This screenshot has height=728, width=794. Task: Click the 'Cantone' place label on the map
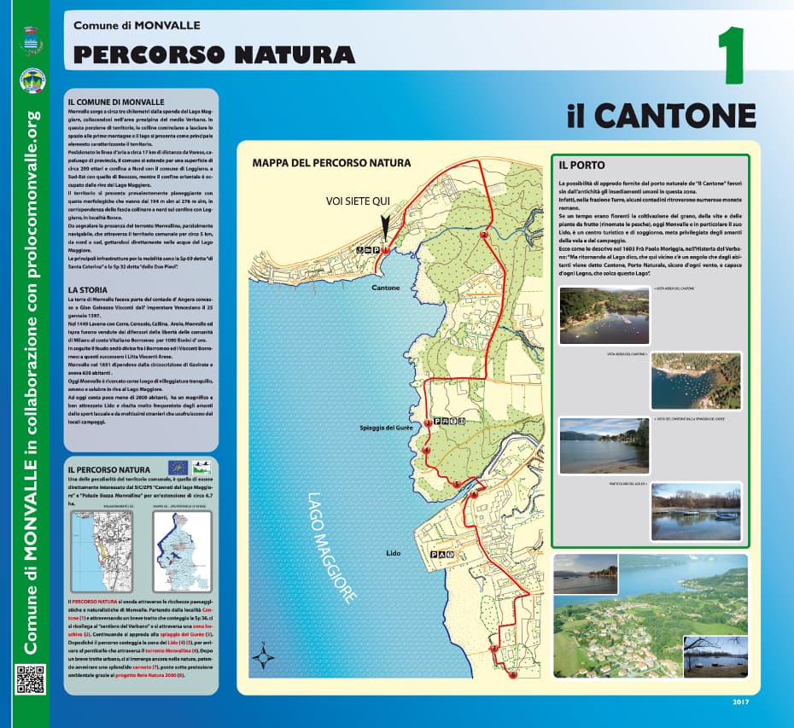[x=386, y=288]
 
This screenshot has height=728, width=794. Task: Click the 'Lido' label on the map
[x=393, y=554]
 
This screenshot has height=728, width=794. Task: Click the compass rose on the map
[x=264, y=658]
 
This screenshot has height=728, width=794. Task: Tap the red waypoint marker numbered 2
[x=484, y=234]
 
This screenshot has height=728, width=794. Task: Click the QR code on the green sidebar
[x=30, y=678]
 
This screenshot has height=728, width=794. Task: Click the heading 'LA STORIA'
[x=89, y=290]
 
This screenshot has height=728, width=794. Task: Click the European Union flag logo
[x=178, y=467]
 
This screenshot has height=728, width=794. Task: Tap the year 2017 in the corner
[x=740, y=702]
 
